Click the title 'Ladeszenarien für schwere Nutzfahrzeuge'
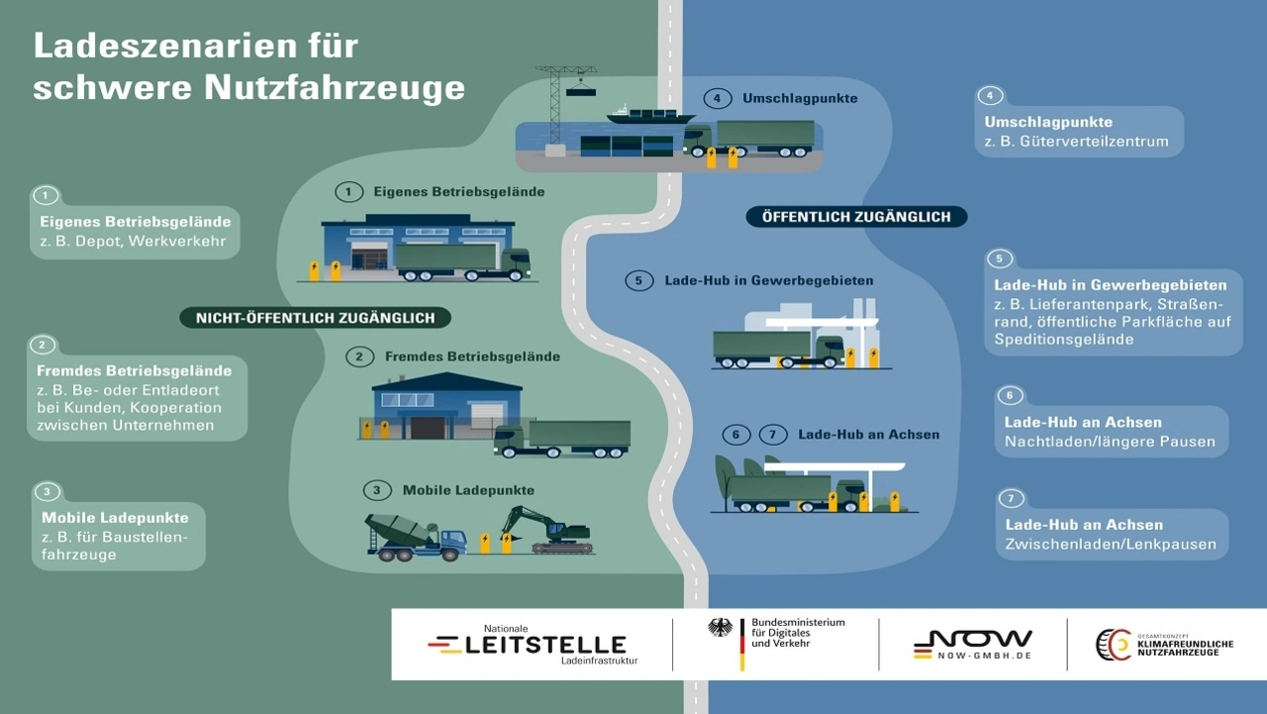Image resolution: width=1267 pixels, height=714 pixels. [248, 66]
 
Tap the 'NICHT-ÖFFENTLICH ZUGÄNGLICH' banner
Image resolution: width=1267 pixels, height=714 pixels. [315, 318]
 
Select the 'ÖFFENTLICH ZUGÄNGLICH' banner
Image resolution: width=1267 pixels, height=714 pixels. [855, 217]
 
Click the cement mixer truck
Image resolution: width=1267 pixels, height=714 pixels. [415, 537]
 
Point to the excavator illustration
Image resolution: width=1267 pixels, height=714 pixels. [545, 529]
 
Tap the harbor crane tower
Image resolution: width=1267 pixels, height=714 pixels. [555, 104]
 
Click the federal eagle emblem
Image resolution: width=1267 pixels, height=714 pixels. [721, 628]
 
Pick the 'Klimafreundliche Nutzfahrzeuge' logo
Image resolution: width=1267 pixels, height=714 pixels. [1164, 645]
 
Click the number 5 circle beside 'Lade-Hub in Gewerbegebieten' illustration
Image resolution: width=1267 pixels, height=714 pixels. [638, 281]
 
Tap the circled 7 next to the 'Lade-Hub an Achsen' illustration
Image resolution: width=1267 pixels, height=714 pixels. [772, 435]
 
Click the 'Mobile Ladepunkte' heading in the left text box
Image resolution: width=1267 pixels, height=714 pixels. [116, 518]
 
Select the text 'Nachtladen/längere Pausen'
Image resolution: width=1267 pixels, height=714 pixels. [1110, 442]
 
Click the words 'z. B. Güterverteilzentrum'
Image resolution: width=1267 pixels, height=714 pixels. [1076, 142]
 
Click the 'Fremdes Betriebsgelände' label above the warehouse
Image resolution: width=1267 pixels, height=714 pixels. [471, 357]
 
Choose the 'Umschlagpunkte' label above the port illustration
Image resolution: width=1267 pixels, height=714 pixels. [800, 99]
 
